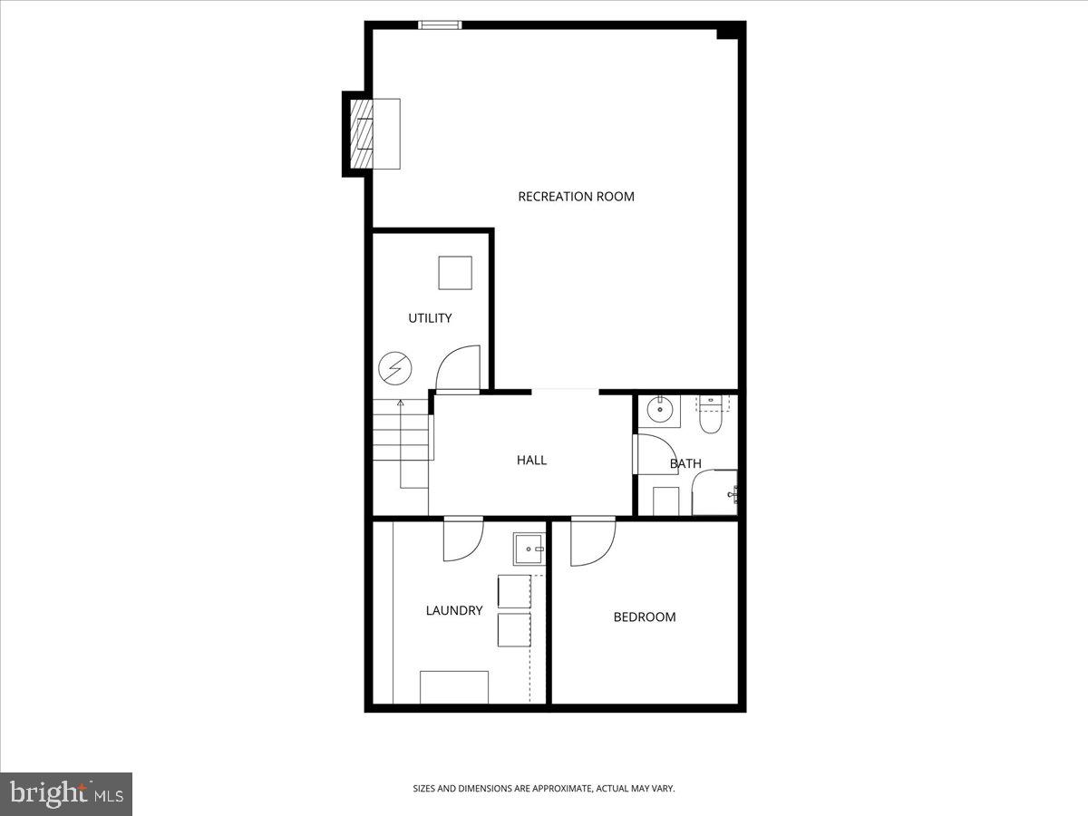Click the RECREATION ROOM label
(576, 197)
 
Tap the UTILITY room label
(430, 318)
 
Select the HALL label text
(531, 460)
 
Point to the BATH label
(685, 463)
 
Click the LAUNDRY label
(454, 611)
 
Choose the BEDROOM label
(645, 617)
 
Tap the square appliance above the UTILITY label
(455, 273)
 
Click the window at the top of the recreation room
(440, 24)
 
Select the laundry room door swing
(462, 540)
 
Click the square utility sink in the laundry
(529, 549)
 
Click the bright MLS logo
(66, 794)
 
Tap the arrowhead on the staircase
(400, 402)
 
